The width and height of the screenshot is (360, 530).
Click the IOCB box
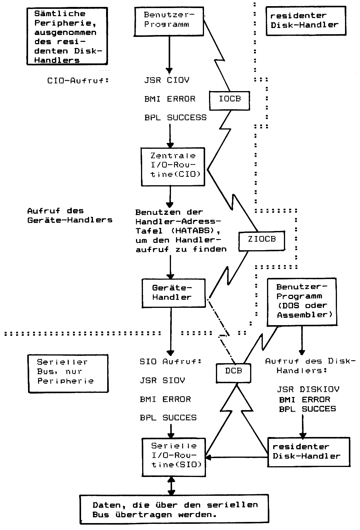pyautogui.click(x=230, y=99)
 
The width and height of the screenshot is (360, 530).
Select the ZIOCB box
pyautogui.click(x=262, y=239)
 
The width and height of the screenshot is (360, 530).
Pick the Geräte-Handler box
pyautogui.click(x=173, y=293)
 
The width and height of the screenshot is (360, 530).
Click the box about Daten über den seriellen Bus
pyautogui.click(x=175, y=510)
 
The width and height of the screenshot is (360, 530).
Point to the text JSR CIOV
pyautogui.click(x=167, y=80)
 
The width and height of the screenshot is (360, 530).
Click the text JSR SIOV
pyautogui.click(x=162, y=380)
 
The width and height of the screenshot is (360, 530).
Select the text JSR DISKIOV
pyautogui.click(x=309, y=390)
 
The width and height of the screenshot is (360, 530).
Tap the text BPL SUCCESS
pyautogui.click(x=175, y=118)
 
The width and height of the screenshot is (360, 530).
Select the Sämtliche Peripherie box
pyautogui.click(x=65, y=37)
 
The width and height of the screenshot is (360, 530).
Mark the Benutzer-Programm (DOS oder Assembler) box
pyautogui.click(x=301, y=301)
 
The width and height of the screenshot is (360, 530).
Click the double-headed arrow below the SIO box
pyautogui.click(x=171, y=486)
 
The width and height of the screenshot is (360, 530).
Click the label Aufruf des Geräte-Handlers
pyautogui.click(x=70, y=216)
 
